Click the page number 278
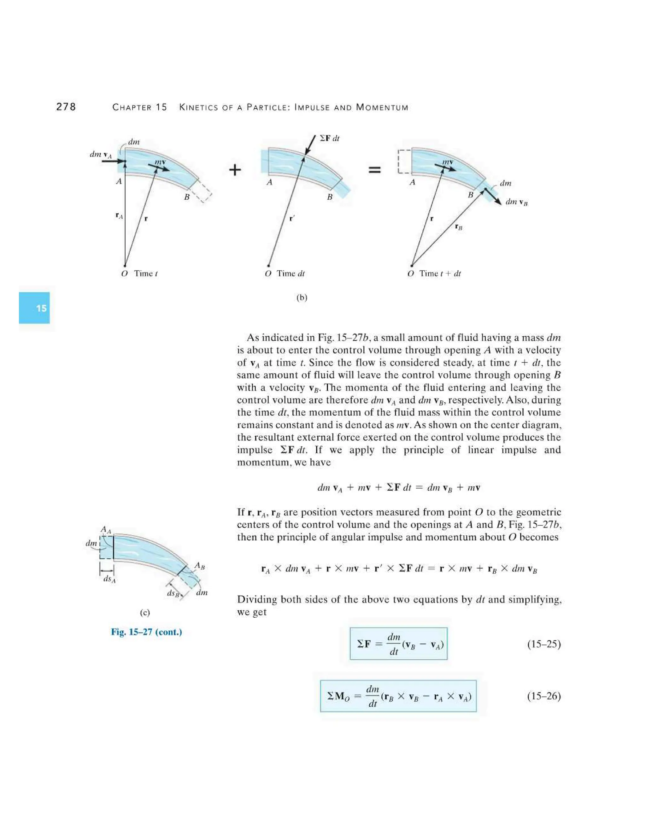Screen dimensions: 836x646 pos(66,107)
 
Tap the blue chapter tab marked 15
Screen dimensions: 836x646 pos(34,308)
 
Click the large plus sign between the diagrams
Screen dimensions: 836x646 pos(235,170)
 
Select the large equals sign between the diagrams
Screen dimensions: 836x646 pos(374,170)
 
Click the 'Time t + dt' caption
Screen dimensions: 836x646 pos(440,273)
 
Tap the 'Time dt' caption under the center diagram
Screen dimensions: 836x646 pos(291,273)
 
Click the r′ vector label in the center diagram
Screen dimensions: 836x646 pos(292,219)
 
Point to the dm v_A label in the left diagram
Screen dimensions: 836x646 pos(101,154)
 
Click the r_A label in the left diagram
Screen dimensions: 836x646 pos(119,215)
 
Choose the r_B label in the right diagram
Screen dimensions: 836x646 pos(458,227)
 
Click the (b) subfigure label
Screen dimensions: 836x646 pos(302,297)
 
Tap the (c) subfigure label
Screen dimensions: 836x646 pos(145,612)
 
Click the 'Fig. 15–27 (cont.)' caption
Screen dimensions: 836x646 pos(147,632)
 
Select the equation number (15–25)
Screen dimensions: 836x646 pos(544,644)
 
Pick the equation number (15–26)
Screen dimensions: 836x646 pos(544,696)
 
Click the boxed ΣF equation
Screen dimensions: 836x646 pos(398,644)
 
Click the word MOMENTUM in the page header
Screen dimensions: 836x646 pos(382,108)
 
